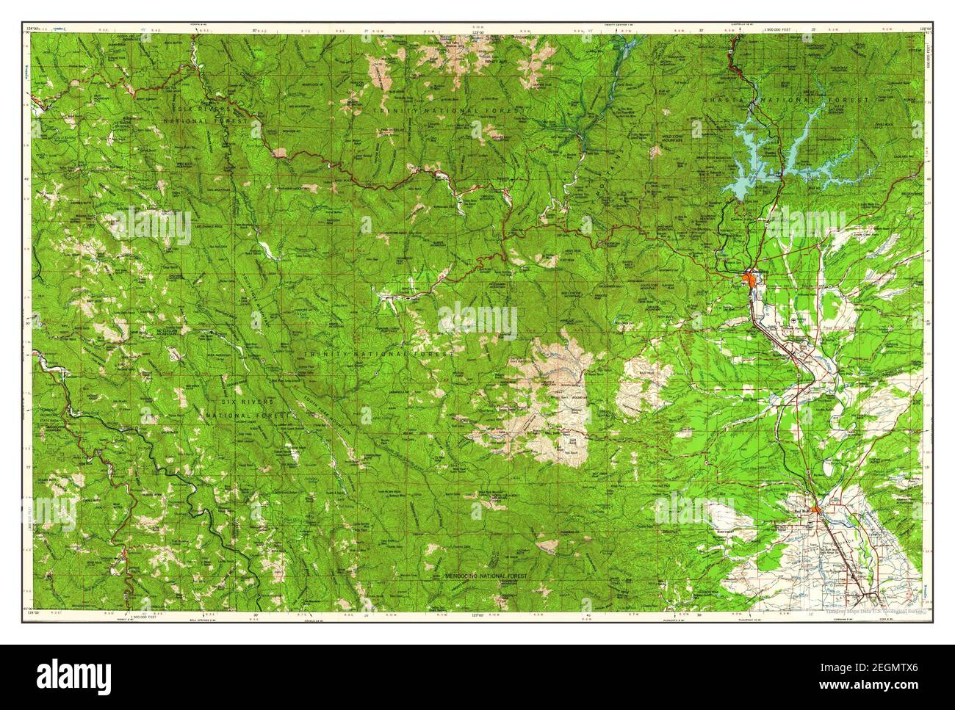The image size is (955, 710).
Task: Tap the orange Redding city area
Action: [x=751, y=277]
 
